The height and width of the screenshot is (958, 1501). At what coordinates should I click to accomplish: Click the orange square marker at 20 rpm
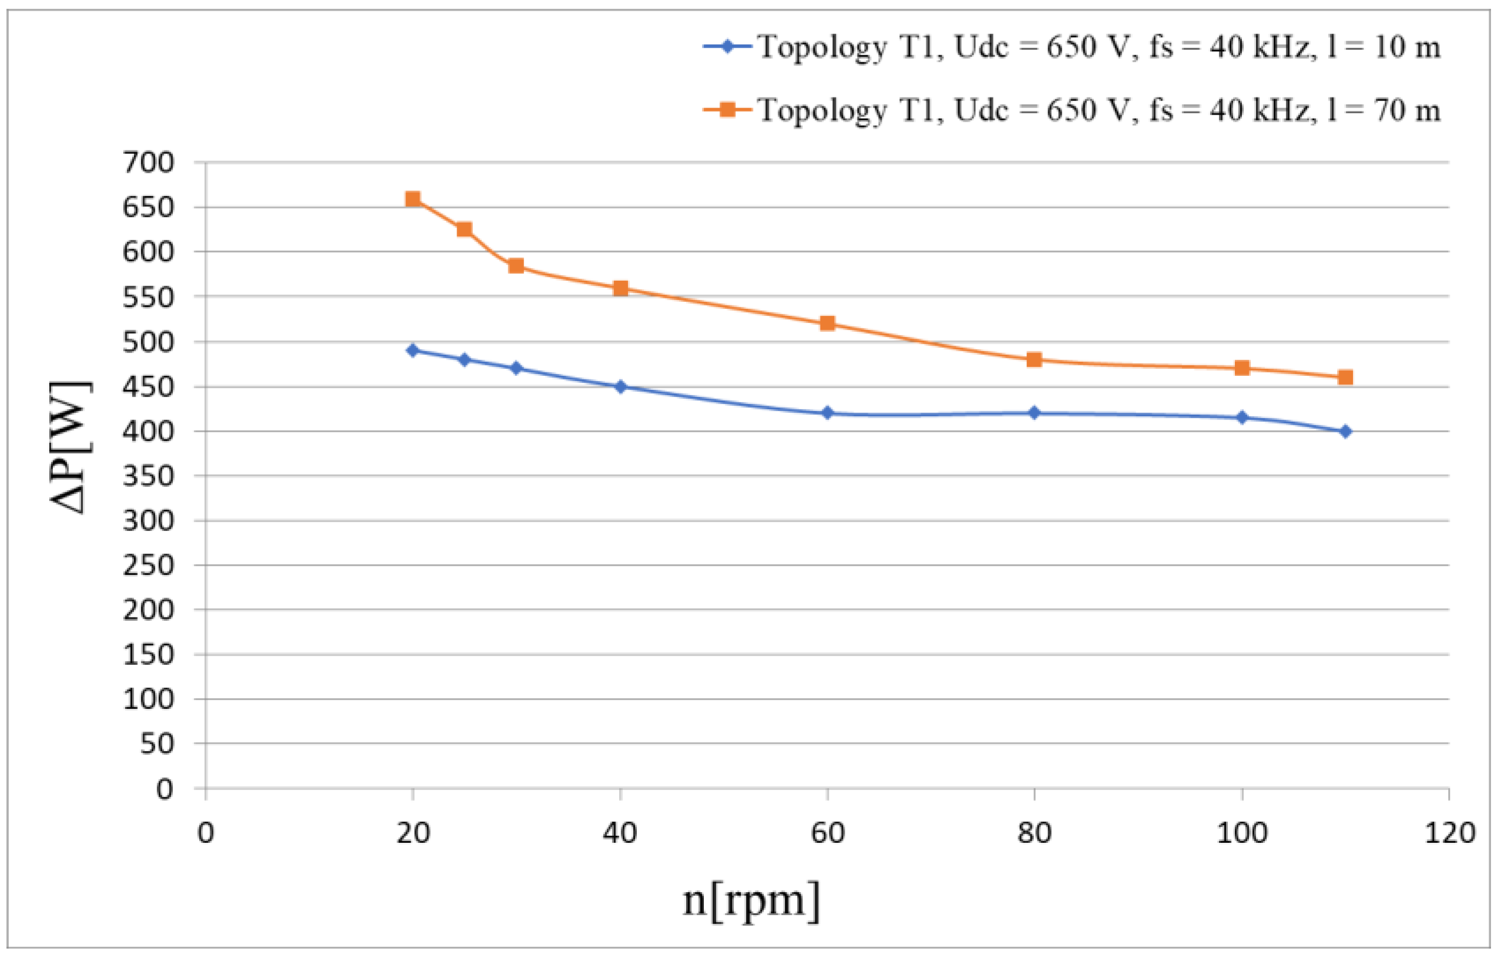tap(412, 200)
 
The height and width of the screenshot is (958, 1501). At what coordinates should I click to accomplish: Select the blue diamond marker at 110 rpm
tap(1345, 431)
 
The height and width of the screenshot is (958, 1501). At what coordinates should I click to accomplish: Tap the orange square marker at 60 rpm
tap(827, 323)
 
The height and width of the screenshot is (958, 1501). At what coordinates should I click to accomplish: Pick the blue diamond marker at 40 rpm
tap(620, 386)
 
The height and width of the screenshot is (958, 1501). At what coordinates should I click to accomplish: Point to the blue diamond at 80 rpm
tap(1034, 412)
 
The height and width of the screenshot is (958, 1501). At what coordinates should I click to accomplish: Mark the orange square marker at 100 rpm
tap(1242, 368)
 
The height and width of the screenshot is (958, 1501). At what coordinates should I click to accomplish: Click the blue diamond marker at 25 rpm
tap(464, 359)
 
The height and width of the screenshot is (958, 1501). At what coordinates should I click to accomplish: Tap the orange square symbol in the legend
tap(727, 110)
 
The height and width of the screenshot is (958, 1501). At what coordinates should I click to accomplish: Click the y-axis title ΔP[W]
tap(70, 447)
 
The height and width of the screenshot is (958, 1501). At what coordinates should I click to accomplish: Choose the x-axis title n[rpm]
tap(751, 900)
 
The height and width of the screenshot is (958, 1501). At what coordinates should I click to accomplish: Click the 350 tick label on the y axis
tap(149, 476)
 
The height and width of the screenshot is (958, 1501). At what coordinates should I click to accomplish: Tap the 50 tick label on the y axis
tap(156, 744)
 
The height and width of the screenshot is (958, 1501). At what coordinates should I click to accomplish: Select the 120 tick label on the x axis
tap(1450, 833)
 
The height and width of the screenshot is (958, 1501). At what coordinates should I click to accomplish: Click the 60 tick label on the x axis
tap(827, 833)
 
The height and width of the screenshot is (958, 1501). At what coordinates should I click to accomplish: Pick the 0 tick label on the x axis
tap(206, 833)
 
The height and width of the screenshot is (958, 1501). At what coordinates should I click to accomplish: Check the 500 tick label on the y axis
tap(149, 342)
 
